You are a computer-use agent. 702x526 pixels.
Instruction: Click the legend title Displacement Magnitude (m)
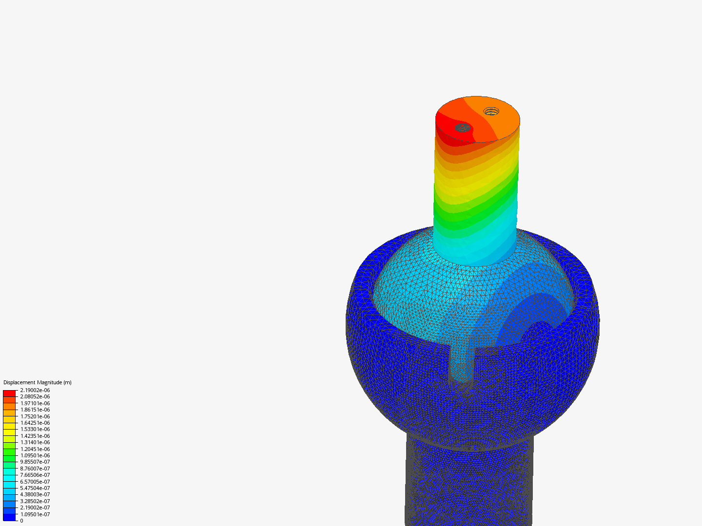coord(38,382)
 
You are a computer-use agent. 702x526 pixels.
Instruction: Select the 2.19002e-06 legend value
coord(35,390)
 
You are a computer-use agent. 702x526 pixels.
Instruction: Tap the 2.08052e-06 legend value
coord(35,396)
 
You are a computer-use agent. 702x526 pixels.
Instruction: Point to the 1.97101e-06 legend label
coord(35,403)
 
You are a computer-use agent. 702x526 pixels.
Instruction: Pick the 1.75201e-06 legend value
coord(35,416)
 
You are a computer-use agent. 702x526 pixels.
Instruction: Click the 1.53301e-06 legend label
coord(35,429)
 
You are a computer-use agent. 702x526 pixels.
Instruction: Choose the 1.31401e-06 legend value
coord(35,442)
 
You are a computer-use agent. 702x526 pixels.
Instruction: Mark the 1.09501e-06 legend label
coord(35,455)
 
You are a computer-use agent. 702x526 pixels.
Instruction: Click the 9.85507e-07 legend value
coord(35,462)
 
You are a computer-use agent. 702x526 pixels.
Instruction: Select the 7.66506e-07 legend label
coord(35,474)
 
